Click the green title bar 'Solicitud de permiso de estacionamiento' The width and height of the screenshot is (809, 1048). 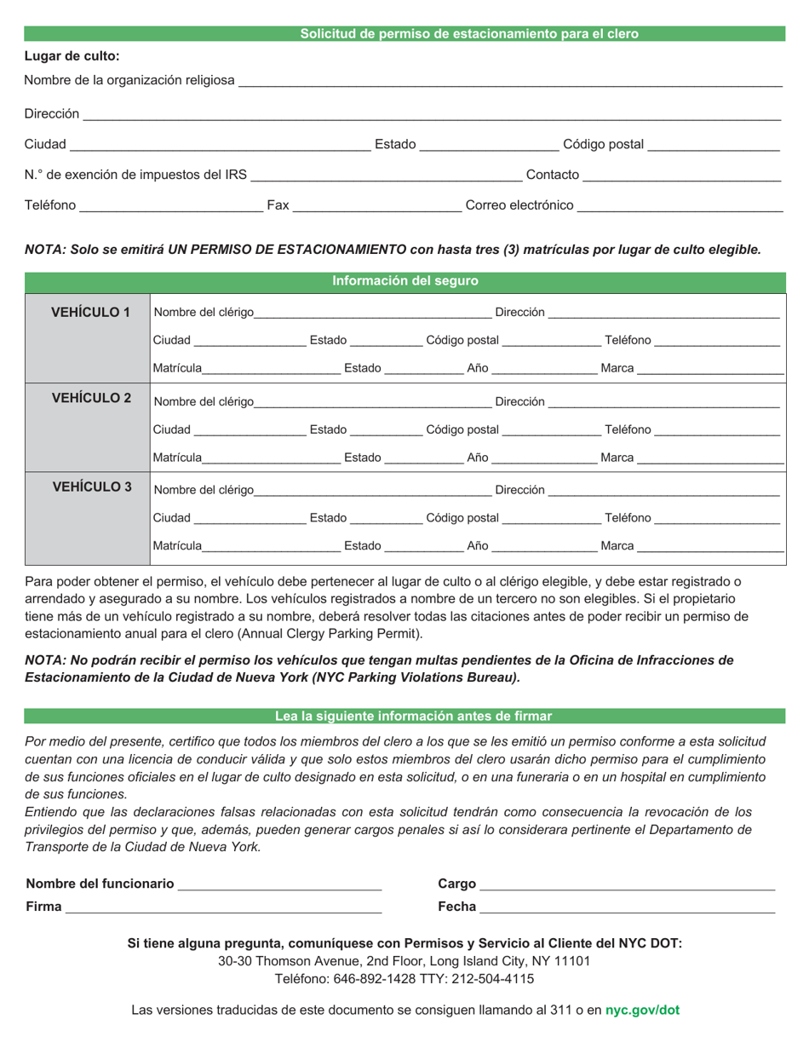pyautogui.click(x=468, y=34)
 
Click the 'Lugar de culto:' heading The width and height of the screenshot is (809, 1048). pyautogui.click(x=72, y=56)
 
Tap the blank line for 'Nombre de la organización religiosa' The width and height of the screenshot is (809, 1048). pyautogui.click(x=509, y=82)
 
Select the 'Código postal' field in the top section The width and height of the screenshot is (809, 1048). pyautogui.click(x=713, y=146)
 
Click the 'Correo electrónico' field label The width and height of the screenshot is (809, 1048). pyautogui.click(x=519, y=205)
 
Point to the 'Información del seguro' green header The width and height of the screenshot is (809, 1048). pyautogui.click(x=404, y=281)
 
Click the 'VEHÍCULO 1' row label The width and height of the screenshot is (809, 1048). pyautogui.click(x=90, y=312)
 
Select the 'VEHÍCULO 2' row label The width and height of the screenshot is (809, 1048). pyautogui.click(x=91, y=398)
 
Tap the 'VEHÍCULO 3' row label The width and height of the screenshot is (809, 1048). pyautogui.click(x=91, y=487)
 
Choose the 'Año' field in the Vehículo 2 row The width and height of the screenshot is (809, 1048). pyautogui.click(x=544, y=458)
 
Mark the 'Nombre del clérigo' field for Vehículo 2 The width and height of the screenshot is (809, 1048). pyautogui.click(x=372, y=401)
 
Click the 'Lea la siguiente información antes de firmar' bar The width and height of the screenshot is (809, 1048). pyautogui.click(x=413, y=716)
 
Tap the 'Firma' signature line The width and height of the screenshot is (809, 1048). pyautogui.click(x=223, y=908)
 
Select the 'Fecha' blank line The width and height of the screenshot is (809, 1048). pyautogui.click(x=627, y=908)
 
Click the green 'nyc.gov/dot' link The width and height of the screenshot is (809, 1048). pyautogui.click(x=642, y=1011)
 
